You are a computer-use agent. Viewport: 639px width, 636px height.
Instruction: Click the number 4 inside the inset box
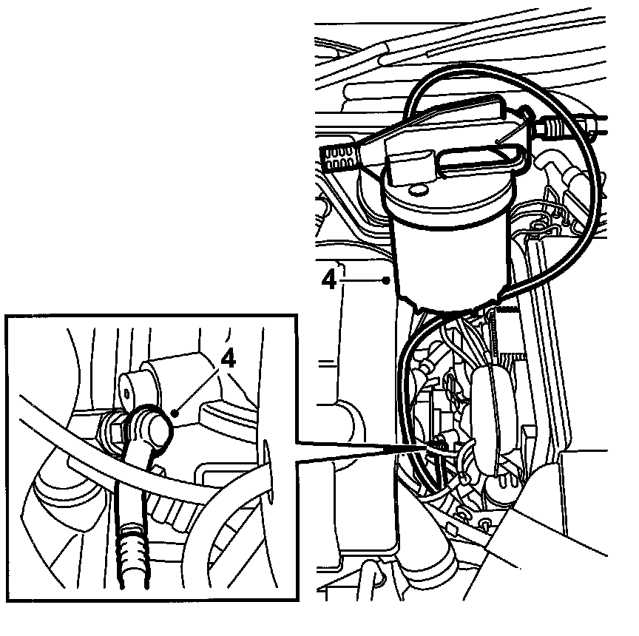click(x=228, y=359)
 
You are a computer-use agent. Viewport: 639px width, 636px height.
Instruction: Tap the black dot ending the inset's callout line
click(x=175, y=413)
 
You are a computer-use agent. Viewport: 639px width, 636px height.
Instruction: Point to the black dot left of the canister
click(x=386, y=280)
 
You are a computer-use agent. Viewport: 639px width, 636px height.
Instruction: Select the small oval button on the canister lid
click(x=418, y=189)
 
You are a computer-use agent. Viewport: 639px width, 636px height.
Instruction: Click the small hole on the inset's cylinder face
click(x=127, y=393)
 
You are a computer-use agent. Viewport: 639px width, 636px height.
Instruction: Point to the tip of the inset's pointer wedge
click(x=429, y=447)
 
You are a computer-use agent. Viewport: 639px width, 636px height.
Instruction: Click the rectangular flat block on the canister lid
click(x=409, y=167)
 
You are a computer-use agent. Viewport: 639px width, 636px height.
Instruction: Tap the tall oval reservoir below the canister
click(x=485, y=419)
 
